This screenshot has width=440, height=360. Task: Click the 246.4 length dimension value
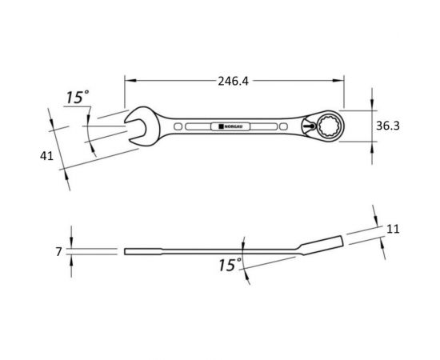(x=233, y=82)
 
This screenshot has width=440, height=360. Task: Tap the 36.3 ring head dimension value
(x=388, y=126)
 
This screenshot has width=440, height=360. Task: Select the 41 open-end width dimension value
(x=46, y=156)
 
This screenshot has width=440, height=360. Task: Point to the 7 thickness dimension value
(x=58, y=252)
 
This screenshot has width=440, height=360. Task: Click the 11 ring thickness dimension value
(x=393, y=230)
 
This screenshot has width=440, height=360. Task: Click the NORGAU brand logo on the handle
(x=230, y=126)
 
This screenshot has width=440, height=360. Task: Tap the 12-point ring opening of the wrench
(x=329, y=126)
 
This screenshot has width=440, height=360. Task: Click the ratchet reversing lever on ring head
(x=309, y=126)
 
